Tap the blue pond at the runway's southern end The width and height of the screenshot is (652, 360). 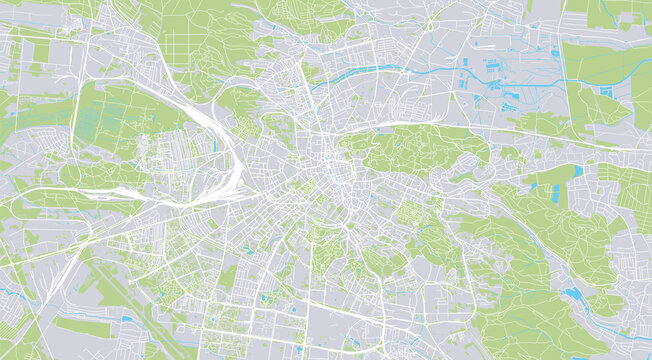(128, 320)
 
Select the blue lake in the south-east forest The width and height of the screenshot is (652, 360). (571, 294)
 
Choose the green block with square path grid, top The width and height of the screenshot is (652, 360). (190, 40)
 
